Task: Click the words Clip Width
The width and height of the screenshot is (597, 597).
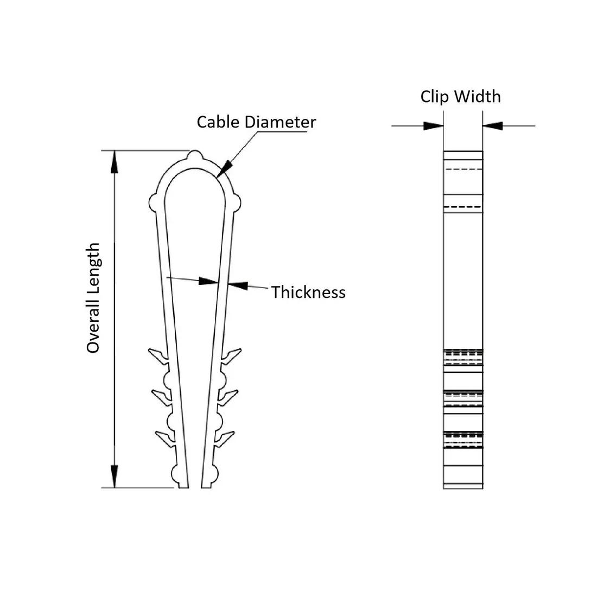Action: pyautogui.click(x=460, y=97)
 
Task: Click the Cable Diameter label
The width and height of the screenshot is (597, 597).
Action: pyautogui.click(x=256, y=122)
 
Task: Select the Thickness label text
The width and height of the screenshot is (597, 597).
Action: pyautogui.click(x=308, y=292)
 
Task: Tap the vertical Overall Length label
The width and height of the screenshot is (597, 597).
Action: pyautogui.click(x=94, y=298)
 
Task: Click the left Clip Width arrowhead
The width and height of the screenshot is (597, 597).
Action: pyautogui.click(x=434, y=125)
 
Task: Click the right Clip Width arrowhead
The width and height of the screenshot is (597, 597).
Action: pyautogui.click(x=493, y=125)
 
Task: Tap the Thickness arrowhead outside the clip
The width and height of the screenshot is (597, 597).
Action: pyautogui.click(x=238, y=285)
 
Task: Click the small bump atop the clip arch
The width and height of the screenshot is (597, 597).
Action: pyautogui.click(x=195, y=156)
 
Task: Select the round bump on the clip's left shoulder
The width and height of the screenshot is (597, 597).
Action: pyautogui.click(x=154, y=202)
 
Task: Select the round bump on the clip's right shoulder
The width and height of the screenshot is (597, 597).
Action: pyautogui.click(x=236, y=202)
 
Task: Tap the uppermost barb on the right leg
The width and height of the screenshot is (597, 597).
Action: pyautogui.click(x=230, y=355)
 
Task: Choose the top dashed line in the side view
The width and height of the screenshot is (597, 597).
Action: pyautogui.click(x=463, y=169)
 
